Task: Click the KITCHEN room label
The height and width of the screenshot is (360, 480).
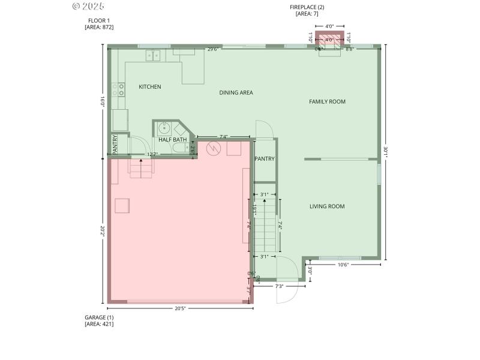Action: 150,87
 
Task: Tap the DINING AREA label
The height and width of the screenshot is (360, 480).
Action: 236,93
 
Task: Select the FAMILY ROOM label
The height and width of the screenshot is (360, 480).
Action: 327,102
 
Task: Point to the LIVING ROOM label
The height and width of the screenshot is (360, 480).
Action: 327,207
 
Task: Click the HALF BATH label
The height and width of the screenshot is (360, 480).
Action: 172,140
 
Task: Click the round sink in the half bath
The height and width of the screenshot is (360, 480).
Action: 164,128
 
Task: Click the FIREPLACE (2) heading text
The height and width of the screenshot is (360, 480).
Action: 307,7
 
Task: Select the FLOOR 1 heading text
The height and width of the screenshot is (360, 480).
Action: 99,20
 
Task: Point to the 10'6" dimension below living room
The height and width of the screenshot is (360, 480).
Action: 343,265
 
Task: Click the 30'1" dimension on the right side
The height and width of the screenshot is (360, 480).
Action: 386,153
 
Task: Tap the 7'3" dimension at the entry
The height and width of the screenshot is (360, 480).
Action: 279,286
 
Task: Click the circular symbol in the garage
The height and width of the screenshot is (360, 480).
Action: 212,147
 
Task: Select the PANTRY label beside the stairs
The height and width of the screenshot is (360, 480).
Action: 265,159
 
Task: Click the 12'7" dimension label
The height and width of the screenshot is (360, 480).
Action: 153,155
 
